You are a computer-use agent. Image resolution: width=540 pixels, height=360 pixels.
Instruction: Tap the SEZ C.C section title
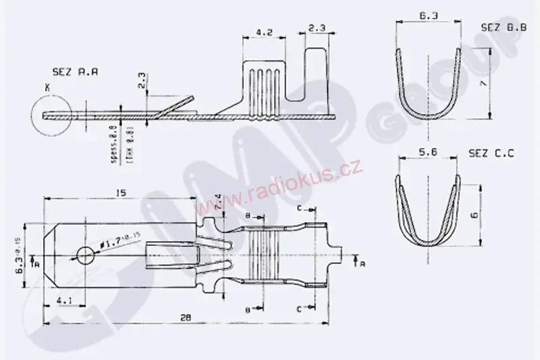pos(491,154)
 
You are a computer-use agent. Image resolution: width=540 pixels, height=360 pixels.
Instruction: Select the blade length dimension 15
pos(121,193)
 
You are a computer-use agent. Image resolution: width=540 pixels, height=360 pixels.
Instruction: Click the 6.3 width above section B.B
pos(427,15)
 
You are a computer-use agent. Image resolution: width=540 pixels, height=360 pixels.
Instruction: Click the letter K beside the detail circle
pos(47,87)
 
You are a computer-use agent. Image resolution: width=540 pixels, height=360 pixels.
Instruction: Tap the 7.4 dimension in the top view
pos(217,201)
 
